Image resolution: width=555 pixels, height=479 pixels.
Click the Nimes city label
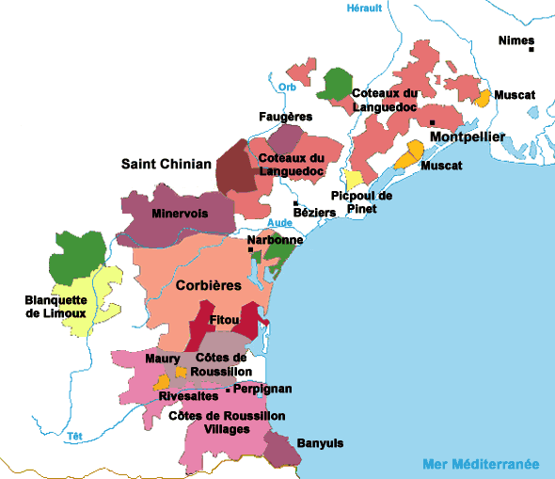click(x=515, y=40)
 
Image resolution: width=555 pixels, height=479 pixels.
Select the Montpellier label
click(x=468, y=138)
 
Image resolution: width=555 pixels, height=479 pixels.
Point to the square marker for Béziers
click(x=295, y=203)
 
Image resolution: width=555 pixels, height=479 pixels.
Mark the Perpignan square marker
click(x=229, y=389)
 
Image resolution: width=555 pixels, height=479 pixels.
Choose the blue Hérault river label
click(x=364, y=8)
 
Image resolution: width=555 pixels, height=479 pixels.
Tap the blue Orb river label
click(x=288, y=88)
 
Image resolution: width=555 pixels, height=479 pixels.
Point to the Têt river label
click(x=74, y=436)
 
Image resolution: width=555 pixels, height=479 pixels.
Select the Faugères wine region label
click(x=285, y=117)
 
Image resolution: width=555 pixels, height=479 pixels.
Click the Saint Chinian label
click(x=166, y=164)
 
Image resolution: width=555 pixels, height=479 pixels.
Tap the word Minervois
click(x=179, y=214)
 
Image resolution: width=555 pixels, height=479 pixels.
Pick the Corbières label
click(x=209, y=284)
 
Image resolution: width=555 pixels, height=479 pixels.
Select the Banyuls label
click(x=320, y=442)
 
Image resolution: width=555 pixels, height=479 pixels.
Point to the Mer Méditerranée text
click(x=480, y=464)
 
